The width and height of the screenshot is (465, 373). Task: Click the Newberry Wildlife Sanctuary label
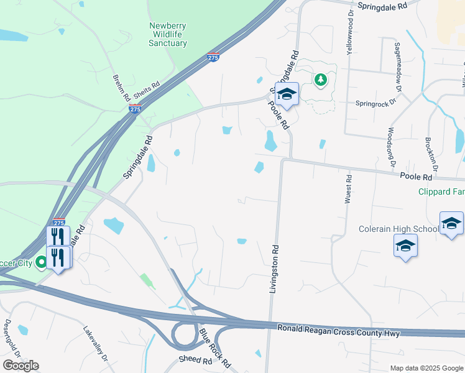168,35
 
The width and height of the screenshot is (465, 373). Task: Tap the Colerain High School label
398,229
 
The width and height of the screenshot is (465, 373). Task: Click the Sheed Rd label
195,360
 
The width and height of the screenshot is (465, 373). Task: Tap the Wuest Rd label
349,188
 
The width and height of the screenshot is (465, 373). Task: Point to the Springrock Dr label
376,104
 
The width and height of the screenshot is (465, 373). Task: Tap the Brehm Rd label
121,88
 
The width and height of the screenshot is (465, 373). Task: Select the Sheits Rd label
147,86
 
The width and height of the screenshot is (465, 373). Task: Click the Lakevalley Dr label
96,346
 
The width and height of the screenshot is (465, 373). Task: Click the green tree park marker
320,80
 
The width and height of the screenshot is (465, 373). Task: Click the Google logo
21,366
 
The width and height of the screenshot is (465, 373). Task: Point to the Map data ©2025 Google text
426,368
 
